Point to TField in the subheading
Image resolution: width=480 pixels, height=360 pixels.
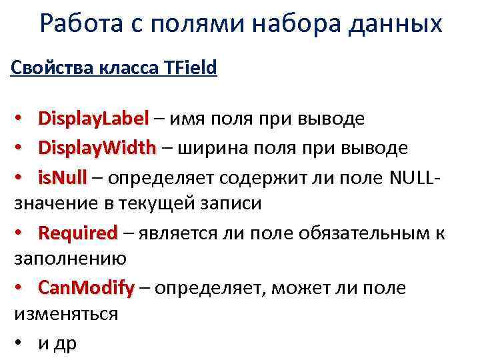pyautogui.click(x=189, y=69)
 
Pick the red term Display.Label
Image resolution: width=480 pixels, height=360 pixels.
pyautogui.click(x=93, y=119)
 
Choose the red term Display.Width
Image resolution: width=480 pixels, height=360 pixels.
pyautogui.click(x=97, y=148)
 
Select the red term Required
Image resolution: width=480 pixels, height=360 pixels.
pyautogui.click(x=78, y=234)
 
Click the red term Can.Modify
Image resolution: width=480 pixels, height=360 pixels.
pyautogui.click(x=86, y=289)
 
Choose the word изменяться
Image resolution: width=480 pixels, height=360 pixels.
pyautogui.click(x=66, y=314)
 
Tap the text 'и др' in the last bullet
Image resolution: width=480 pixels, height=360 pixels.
pyautogui.click(x=58, y=344)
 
